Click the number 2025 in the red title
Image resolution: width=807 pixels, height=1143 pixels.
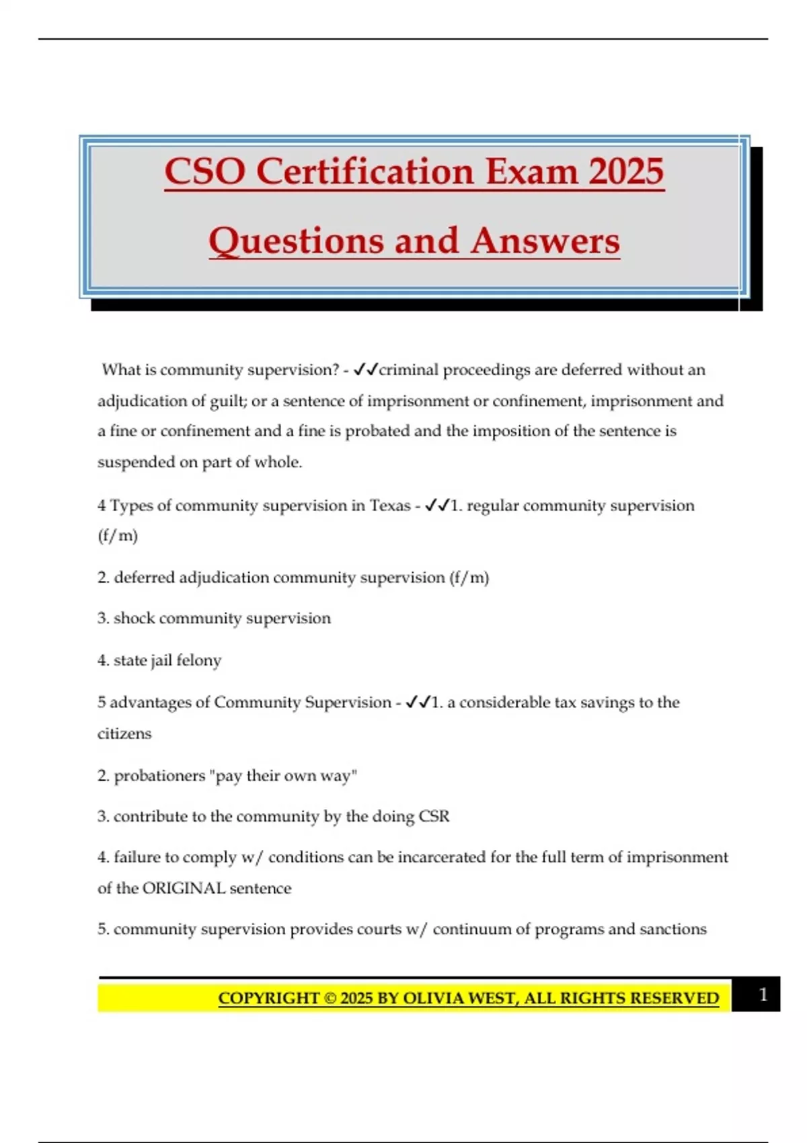tap(626, 171)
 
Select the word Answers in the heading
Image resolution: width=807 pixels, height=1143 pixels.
tap(545, 241)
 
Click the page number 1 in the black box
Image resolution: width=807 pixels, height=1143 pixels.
tap(763, 994)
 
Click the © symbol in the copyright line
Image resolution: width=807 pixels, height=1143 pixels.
tap(330, 998)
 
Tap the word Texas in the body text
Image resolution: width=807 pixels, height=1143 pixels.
tap(390, 506)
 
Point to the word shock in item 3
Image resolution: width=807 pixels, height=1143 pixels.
tap(134, 619)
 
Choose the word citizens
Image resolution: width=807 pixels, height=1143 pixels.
tap(124, 734)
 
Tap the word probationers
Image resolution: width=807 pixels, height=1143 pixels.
tap(159, 776)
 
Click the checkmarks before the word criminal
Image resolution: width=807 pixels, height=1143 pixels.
tap(366, 370)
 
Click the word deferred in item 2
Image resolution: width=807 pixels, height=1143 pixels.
tap(144, 578)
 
